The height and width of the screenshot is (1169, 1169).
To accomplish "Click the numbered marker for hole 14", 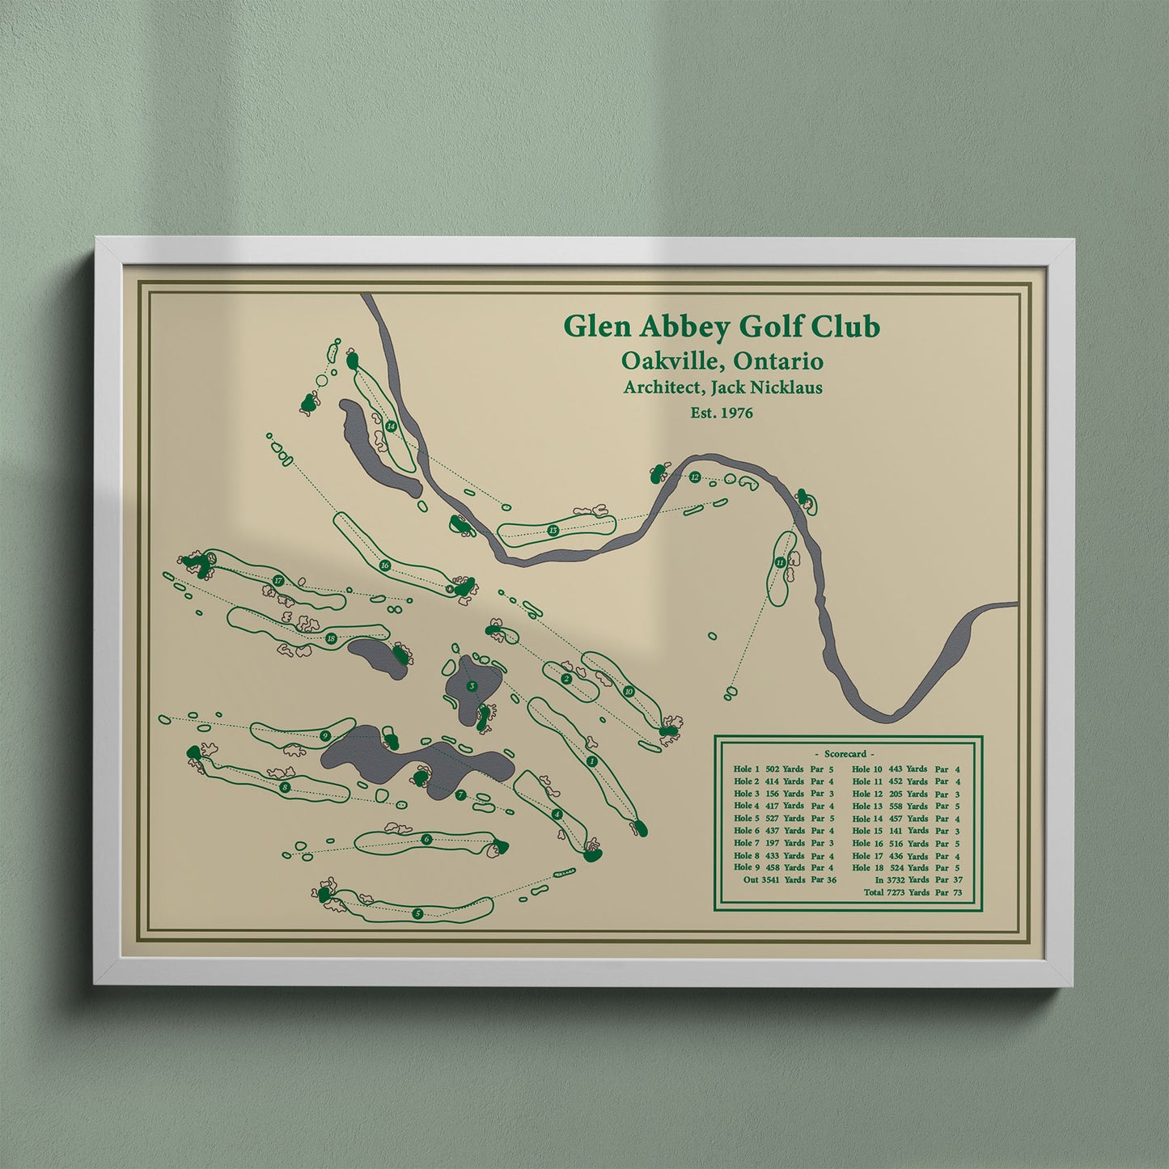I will [391, 426].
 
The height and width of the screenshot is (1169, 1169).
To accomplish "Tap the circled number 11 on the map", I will [779, 562].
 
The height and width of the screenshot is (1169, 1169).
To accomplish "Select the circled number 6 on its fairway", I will [426, 839].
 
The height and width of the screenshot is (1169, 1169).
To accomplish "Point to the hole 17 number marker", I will [277, 581].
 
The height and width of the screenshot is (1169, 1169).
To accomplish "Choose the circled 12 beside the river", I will [694, 477].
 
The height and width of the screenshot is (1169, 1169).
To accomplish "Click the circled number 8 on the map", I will [285, 786].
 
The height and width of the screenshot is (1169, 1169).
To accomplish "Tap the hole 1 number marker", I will [593, 761].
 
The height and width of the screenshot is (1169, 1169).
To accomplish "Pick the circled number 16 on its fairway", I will [385, 565].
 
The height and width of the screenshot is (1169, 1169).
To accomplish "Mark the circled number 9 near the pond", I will [324, 735].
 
